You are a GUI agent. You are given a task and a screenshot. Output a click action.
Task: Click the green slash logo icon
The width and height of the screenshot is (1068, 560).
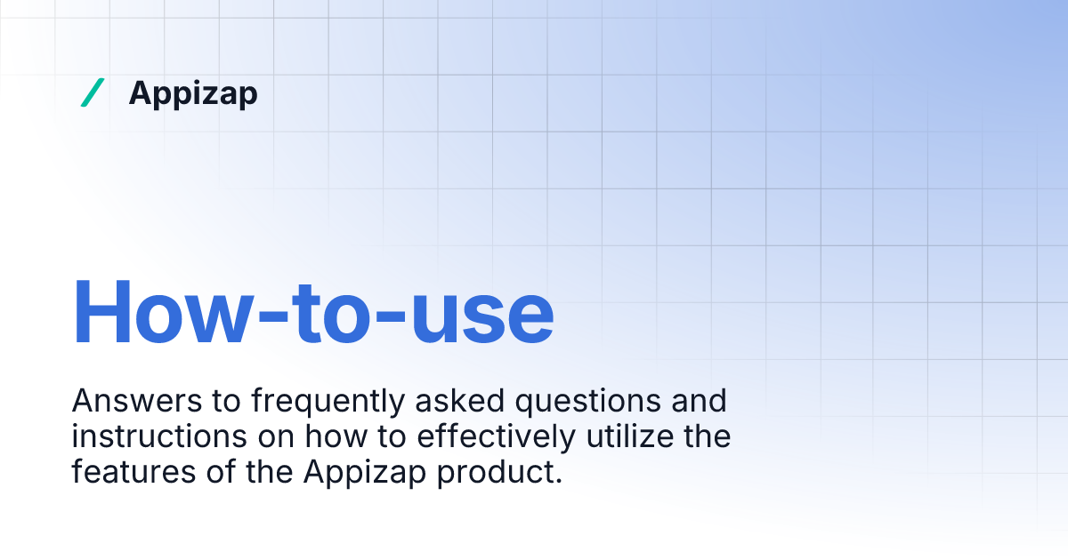[x=92, y=92]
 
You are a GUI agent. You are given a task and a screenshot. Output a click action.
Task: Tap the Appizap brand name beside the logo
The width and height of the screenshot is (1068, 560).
[x=193, y=92]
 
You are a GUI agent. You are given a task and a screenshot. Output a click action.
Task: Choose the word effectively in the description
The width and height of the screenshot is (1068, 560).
[x=481, y=437]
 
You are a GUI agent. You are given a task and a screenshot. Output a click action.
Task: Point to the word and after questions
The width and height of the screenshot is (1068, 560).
[x=700, y=402]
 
